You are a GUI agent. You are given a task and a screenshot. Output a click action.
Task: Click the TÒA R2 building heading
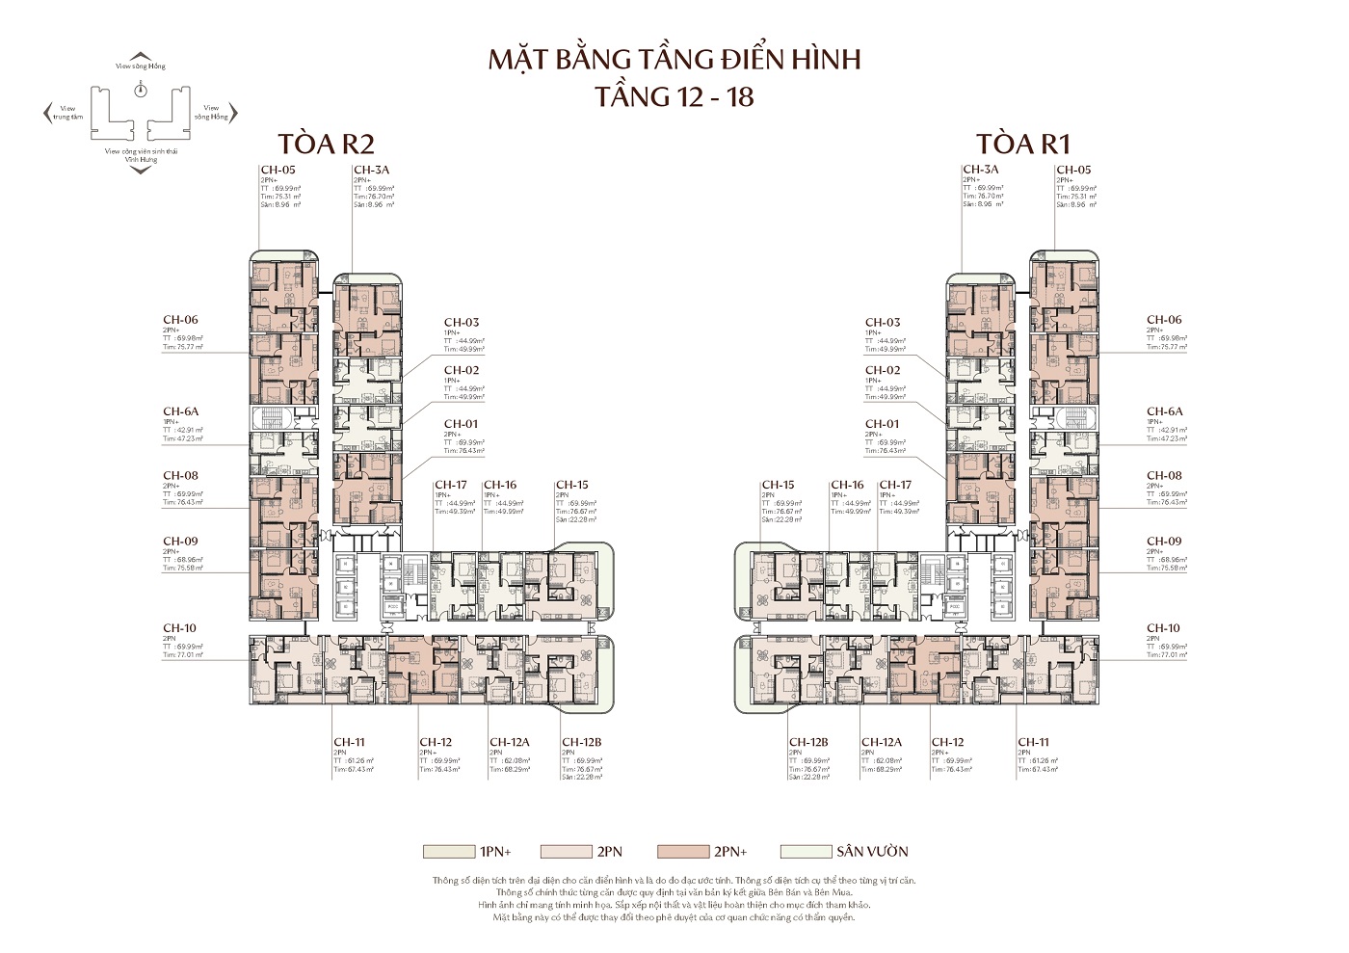[x=325, y=144]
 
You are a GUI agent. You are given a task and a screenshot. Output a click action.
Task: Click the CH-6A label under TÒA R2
[x=180, y=411]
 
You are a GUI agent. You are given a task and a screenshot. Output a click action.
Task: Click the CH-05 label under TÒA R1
[x=1072, y=170]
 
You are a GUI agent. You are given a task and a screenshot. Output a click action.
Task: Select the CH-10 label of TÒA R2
[x=179, y=628]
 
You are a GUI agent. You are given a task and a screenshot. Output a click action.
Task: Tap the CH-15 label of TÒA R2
[x=571, y=485]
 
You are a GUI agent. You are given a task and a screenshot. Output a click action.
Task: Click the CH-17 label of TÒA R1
[x=895, y=485]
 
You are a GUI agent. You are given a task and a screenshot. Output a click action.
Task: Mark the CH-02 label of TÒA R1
[x=883, y=370]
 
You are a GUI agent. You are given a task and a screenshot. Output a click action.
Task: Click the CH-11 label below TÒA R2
[x=349, y=742]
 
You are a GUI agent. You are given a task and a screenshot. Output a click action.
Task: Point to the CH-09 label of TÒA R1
[x=1163, y=542]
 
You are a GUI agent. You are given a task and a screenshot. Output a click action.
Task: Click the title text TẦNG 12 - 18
[x=674, y=96]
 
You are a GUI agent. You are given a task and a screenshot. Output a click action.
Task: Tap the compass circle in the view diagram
[x=141, y=90]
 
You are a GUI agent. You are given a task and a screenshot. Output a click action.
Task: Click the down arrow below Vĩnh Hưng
[x=141, y=171]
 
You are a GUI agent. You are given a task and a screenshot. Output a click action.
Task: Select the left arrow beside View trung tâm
[x=47, y=114]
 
